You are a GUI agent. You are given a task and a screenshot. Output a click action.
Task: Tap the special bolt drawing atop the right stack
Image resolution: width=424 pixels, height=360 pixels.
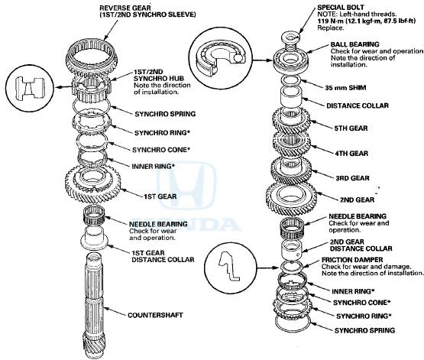291,34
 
